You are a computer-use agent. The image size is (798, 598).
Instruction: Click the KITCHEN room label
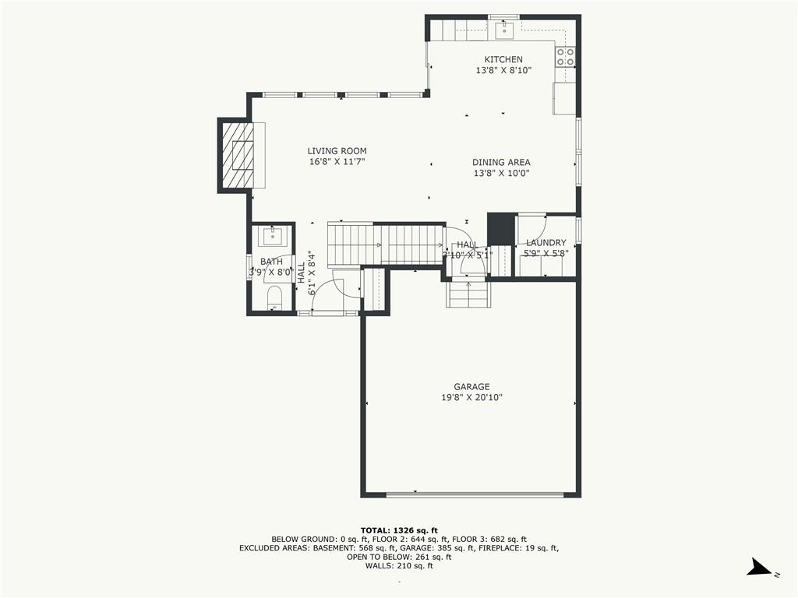503,60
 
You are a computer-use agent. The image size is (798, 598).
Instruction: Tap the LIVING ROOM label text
337,151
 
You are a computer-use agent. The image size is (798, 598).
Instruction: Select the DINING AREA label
501,163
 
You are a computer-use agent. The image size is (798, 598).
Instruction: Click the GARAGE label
471,387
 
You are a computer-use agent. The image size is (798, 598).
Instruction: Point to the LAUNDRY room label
546,243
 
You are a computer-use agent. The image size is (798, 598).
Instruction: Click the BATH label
271,262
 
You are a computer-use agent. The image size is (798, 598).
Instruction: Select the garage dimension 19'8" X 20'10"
471,398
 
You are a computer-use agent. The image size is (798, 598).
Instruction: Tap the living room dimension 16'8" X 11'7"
337,162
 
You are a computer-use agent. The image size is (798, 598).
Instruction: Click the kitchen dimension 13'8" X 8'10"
503,71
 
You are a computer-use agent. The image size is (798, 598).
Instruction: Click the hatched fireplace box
238,156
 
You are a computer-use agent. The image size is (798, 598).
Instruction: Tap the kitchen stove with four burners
565,56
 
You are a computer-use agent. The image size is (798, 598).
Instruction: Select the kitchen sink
503,30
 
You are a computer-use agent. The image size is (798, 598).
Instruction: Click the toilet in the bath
274,297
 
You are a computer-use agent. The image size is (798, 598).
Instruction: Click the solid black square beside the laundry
500,228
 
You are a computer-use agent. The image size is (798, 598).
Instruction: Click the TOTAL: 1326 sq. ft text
399,529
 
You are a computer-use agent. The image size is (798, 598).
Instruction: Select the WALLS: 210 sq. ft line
399,566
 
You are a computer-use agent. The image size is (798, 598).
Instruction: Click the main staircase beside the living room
385,244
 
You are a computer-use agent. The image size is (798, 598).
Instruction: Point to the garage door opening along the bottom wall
475,494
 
